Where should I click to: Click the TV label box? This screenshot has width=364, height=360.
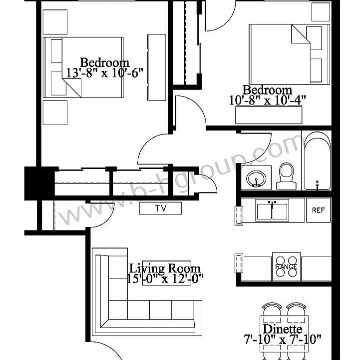[x=160, y=208]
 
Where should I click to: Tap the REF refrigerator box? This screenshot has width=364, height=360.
[x=318, y=210]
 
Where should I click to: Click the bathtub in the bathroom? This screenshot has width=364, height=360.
[x=317, y=161]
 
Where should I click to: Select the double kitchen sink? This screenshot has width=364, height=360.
[x=272, y=210]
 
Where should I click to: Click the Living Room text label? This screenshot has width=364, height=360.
[x=165, y=268]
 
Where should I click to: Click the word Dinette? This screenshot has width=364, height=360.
[x=282, y=329]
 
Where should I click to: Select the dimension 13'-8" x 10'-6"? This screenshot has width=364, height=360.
[x=104, y=72]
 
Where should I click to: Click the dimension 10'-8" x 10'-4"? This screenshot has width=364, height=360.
[x=267, y=100]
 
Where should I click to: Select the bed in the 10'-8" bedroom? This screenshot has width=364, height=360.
[x=289, y=54]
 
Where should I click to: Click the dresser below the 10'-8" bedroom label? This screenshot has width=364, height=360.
[x=269, y=115]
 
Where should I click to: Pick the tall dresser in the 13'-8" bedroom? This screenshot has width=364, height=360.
[x=156, y=67]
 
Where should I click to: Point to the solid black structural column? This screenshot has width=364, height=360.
[x=38, y=183]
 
